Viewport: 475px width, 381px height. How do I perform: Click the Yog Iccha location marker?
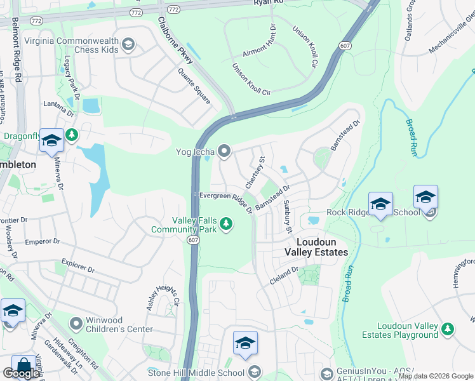pos(224,151)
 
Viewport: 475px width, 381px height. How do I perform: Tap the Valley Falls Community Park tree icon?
pos(226,223)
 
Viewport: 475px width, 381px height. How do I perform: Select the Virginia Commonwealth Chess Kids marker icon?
pos(128,44)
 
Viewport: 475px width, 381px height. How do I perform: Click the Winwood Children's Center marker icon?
pos(76,324)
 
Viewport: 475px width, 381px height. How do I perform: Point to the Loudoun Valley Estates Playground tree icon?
pos(448,328)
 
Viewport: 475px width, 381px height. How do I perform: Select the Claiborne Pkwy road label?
pos(173,35)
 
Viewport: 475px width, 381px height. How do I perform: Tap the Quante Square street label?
pos(194,86)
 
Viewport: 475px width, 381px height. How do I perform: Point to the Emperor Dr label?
pos(42,242)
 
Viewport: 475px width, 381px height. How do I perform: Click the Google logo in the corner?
pos(21,373)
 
